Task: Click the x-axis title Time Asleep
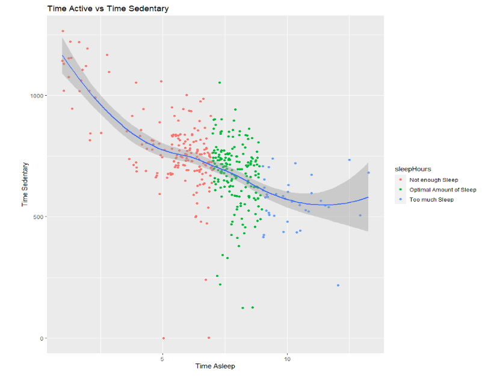click(x=215, y=366)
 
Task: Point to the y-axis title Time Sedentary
click(x=25, y=184)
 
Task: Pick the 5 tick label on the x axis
click(x=162, y=359)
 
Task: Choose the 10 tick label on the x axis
click(x=287, y=359)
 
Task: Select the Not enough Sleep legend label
click(x=433, y=180)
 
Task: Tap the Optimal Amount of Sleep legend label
click(x=442, y=190)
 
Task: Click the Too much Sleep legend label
click(x=431, y=199)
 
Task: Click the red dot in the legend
click(x=400, y=180)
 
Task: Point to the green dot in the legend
click(x=400, y=190)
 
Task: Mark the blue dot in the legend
click(x=400, y=199)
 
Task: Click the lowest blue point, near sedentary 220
click(x=338, y=285)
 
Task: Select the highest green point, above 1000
click(x=220, y=82)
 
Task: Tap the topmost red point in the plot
click(x=63, y=31)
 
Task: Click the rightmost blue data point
click(x=368, y=173)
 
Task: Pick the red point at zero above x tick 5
click(x=163, y=338)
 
